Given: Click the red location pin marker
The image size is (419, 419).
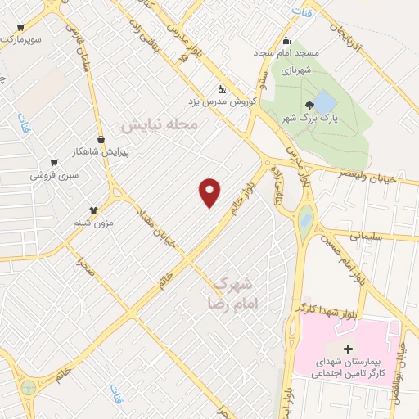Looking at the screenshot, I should click(x=210, y=191).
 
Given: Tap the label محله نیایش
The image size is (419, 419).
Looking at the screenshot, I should click(x=160, y=126).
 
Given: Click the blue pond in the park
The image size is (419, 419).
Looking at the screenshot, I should click(x=324, y=103).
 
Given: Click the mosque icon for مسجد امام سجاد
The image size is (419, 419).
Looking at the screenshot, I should click(x=285, y=42).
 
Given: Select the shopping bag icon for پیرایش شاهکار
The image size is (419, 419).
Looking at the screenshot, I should click(x=101, y=139).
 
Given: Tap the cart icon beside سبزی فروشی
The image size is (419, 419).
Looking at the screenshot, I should click(x=54, y=163).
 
